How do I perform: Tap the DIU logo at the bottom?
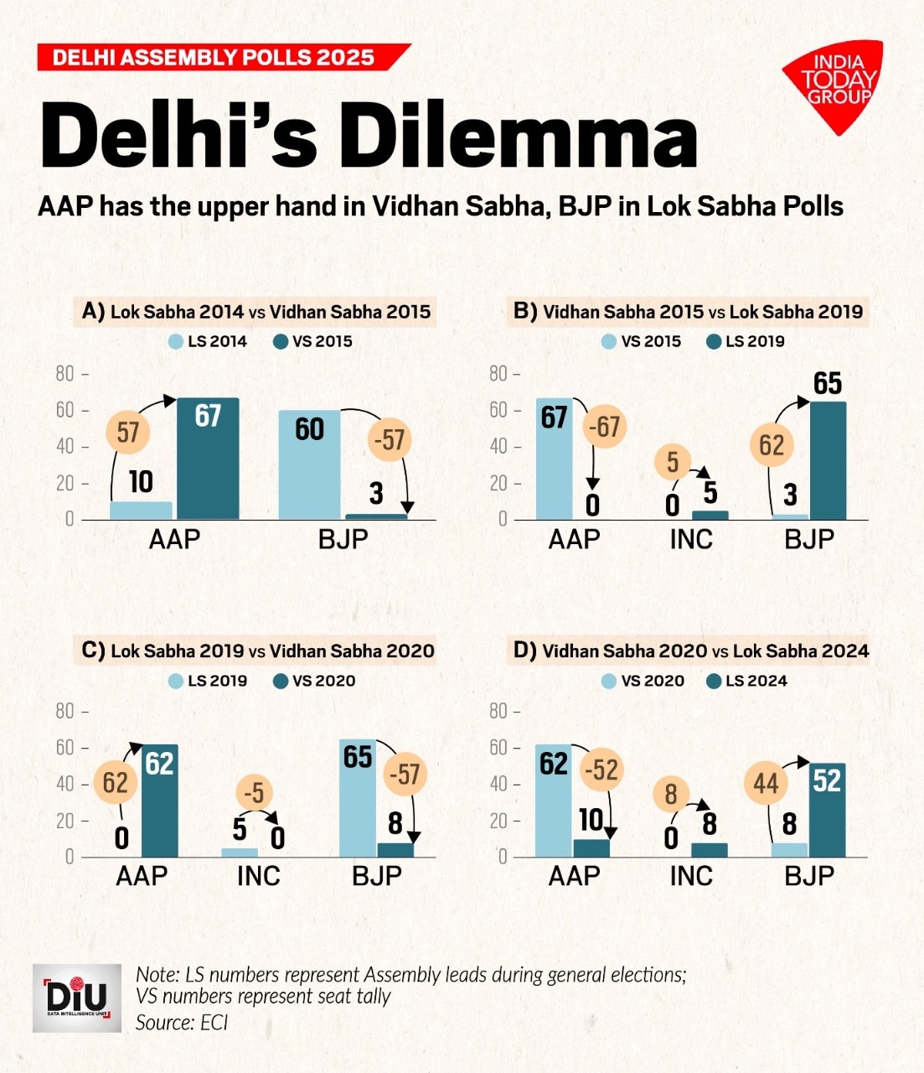76,998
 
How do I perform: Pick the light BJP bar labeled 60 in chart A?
309,465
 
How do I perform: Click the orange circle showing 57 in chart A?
128,433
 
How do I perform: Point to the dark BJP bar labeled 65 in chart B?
828,460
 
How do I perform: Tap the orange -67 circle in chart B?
605,427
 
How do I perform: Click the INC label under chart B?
691,540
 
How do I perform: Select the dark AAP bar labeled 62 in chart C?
159,801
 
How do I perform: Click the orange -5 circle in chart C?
254,792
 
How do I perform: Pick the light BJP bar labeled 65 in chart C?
358,797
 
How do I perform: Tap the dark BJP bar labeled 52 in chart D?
827,810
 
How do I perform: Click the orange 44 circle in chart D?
766,784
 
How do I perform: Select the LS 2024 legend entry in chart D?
747,681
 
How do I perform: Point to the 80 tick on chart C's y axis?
65,712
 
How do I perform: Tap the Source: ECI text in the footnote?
182,1023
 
